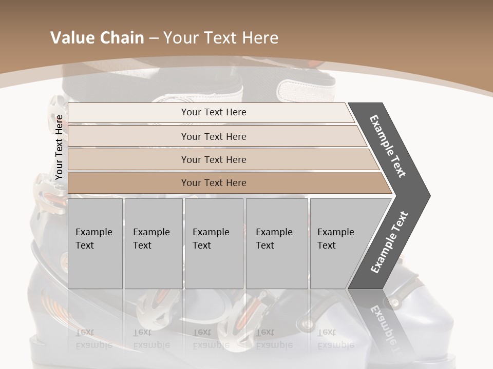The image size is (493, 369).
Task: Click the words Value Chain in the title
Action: point(97,38)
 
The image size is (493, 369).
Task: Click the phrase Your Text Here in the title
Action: point(221,38)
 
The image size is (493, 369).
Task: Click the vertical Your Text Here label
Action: point(59,147)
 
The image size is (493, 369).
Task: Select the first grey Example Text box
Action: point(95,243)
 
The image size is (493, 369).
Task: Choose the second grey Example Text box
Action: point(153,243)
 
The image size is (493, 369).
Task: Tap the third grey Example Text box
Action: point(214,243)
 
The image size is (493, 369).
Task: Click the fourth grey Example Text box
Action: point(277,243)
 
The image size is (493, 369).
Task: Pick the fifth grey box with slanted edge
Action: point(342,243)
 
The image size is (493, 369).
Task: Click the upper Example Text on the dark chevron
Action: point(388,146)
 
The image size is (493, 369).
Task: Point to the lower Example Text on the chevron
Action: point(389,242)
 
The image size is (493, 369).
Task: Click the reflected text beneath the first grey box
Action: point(93,339)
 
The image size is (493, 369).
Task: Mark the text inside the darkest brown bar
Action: point(214,183)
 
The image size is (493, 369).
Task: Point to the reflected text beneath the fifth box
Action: point(336,339)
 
